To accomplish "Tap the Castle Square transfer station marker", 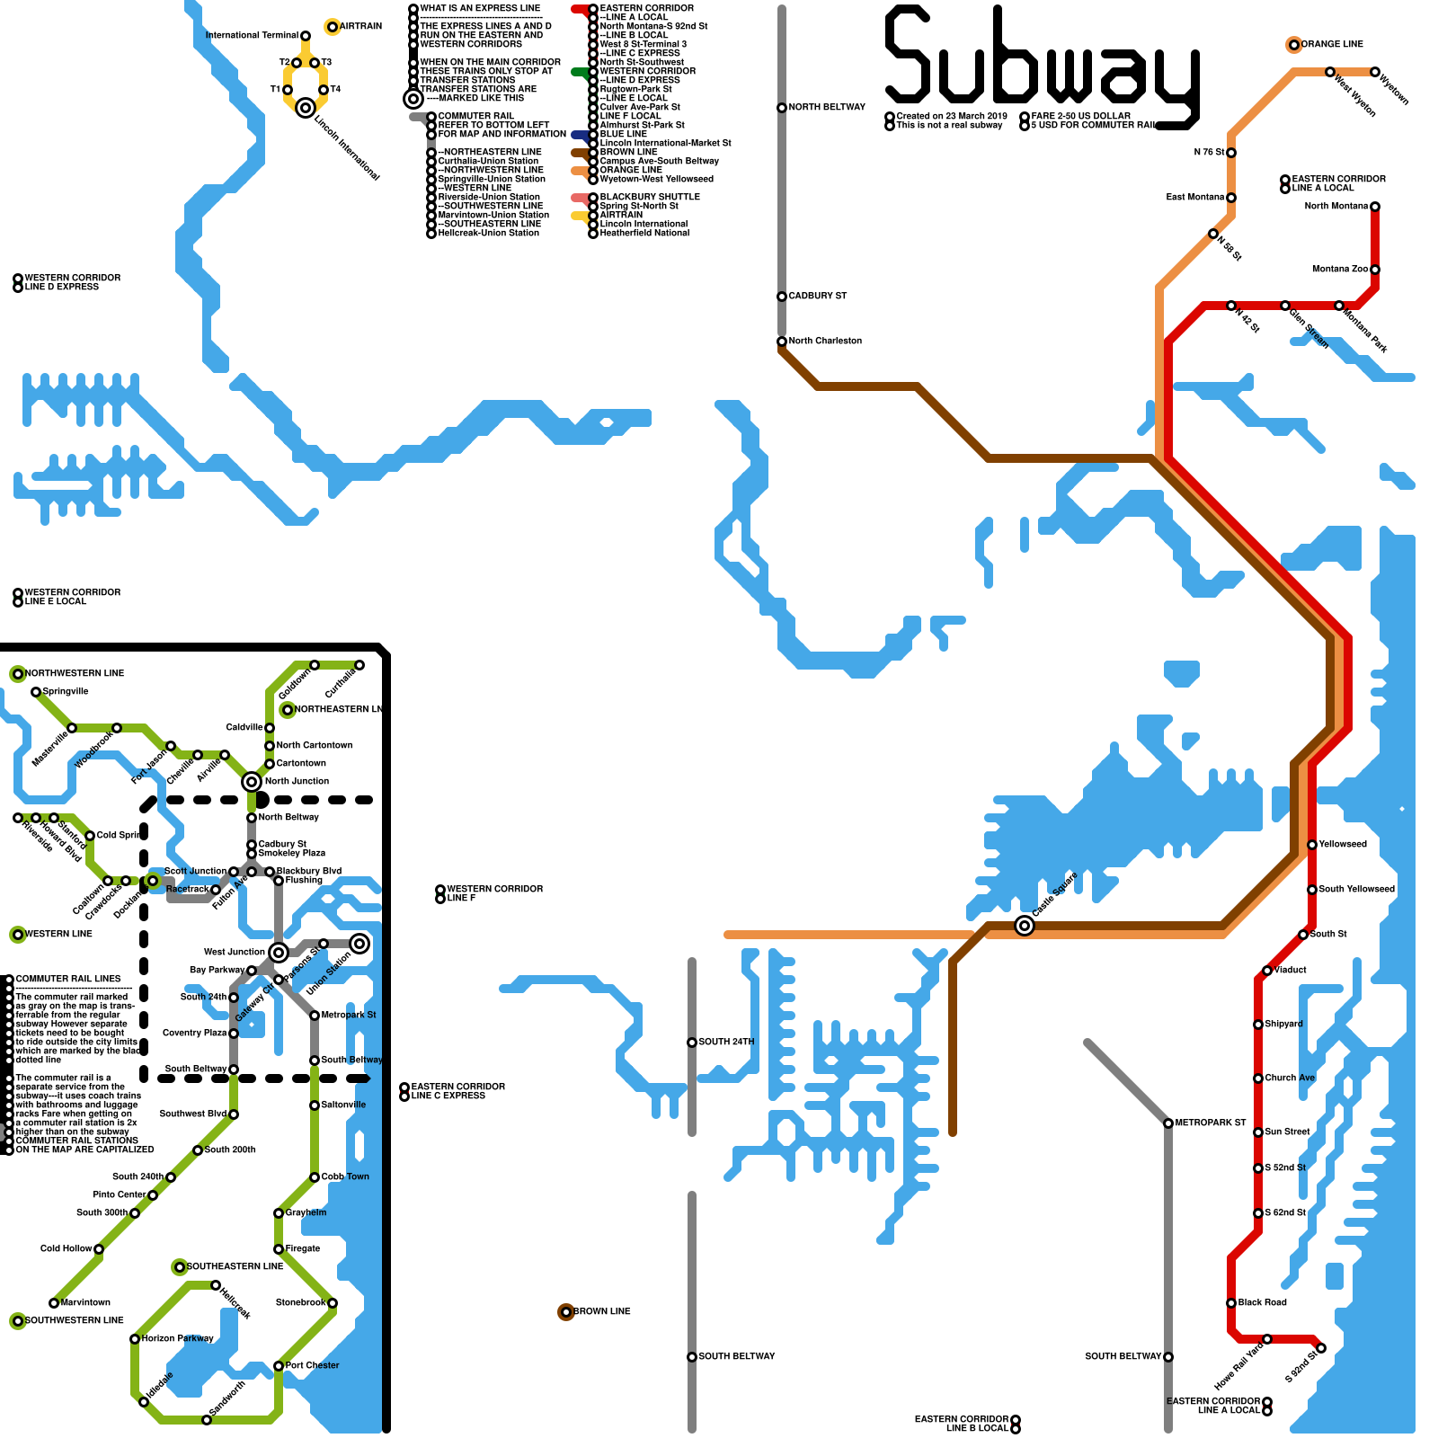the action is click(1025, 926).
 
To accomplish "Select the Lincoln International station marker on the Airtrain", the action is click(306, 108).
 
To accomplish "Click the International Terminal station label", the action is click(252, 36).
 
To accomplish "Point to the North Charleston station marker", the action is click(782, 342).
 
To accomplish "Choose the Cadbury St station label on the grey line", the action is click(818, 296).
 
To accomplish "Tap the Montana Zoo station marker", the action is click(1375, 270).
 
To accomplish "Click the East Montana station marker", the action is click(1231, 198).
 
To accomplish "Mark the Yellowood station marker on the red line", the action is click(1312, 845).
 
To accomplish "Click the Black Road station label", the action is click(1263, 1302).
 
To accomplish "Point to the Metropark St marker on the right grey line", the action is click(1168, 1123).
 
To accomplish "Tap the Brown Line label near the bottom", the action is click(601, 1312).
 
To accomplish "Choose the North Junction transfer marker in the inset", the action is click(252, 782).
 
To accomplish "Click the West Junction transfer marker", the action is click(279, 953).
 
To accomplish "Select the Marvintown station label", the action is click(85, 1302).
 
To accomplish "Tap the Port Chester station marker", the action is click(279, 1366).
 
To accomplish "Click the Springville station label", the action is click(66, 692).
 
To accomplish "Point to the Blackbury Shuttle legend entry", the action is click(650, 197).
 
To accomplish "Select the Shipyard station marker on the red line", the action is click(1258, 1025).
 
